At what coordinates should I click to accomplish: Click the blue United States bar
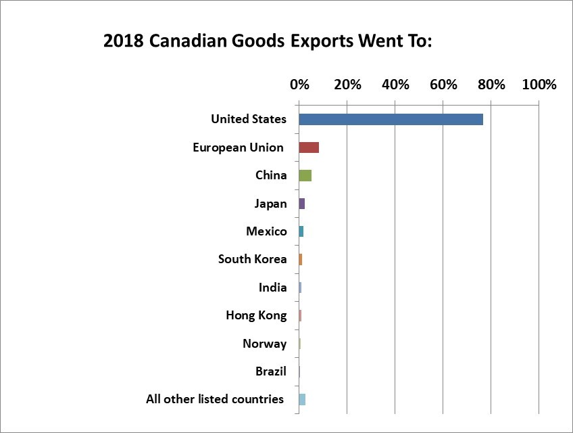click(x=391, y=119)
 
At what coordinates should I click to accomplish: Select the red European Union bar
click(x=309, y=147)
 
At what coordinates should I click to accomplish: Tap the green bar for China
click(x=305, y=175)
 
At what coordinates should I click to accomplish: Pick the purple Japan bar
click(x=302, y=204)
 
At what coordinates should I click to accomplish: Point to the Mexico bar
click(x=301, y=231)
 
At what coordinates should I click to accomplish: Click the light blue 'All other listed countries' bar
click(x=302, y=399)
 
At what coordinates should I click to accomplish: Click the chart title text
click(x=268, y=41)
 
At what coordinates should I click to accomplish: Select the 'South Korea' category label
click(x=252, y=259)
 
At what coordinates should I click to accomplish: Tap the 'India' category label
click(x=272, y=288)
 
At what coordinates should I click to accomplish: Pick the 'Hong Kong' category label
click(x=256, y=315)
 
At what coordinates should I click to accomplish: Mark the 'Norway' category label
click(x=264, y=344)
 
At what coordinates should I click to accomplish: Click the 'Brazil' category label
click(x=271, y=371)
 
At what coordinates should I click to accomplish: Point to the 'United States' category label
click(x=249, y=119)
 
